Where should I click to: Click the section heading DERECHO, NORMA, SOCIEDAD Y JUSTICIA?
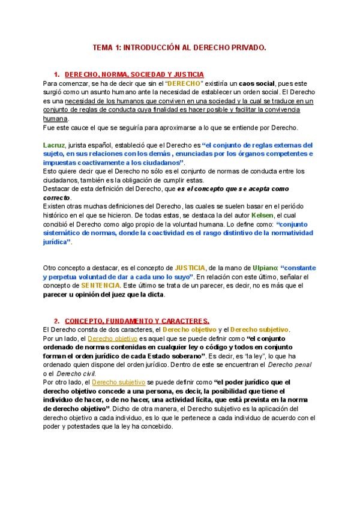pyautogui.click(x=134, y=74)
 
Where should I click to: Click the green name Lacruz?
pyautogui.click(x=54, y=145)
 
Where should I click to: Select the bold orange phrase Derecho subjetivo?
pyautogui.click(x=259, y=330)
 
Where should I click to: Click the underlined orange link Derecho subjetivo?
pyautogui.click(x=118, y=382)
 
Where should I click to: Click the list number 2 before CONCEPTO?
pyautogui.click(x=56, y=321)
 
